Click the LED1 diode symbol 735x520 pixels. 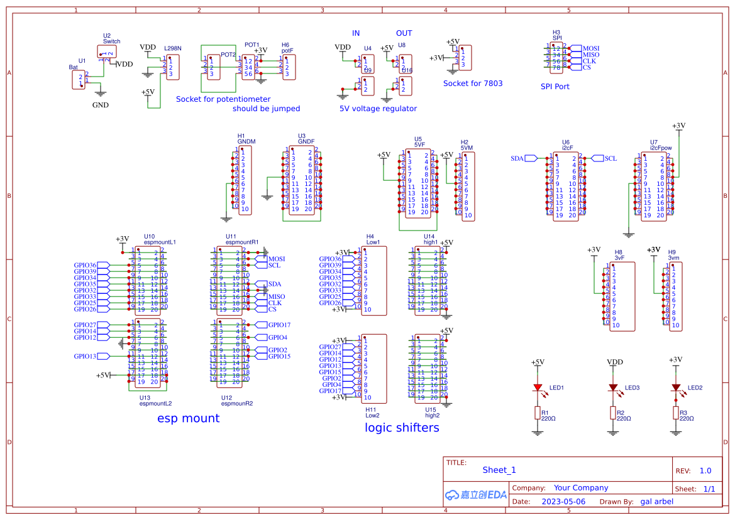[x=538, y=387]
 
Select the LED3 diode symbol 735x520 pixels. [x=613, y=387]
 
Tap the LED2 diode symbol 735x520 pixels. [x=676, y=387]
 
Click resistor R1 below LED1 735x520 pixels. [x=538, y=413]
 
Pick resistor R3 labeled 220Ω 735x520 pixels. [x=676, y=413]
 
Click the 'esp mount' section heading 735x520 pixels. [x=188, y=418]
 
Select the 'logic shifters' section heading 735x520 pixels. [x=402, y=428]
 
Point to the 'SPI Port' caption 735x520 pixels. [x=555, y=87]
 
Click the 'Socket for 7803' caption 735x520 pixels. [x=473, y=84]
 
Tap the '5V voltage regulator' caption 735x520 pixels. [x=378, y=109]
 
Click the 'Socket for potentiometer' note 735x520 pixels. [x=223, y=99]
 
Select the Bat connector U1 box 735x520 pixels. [x=80, y=80]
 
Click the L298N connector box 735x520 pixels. [x=173, y=67]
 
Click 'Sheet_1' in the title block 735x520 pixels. [x=499, y=470]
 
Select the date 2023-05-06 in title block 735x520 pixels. [x=563, y=502]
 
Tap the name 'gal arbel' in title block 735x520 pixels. [x=656, y=502]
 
